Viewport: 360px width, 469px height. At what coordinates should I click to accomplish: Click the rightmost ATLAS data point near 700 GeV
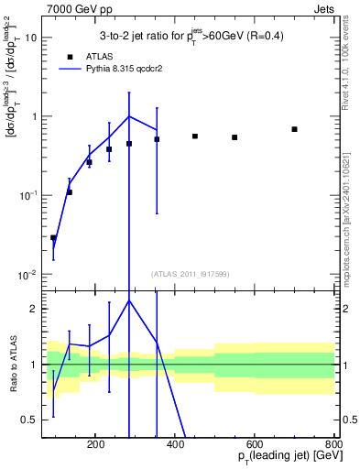pos(294,129)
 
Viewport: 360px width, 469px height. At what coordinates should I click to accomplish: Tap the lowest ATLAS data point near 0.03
pos(53,237)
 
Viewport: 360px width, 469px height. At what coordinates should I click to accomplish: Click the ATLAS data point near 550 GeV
pos(235,137)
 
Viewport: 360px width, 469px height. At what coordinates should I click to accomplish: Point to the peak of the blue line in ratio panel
pos(129,300)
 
